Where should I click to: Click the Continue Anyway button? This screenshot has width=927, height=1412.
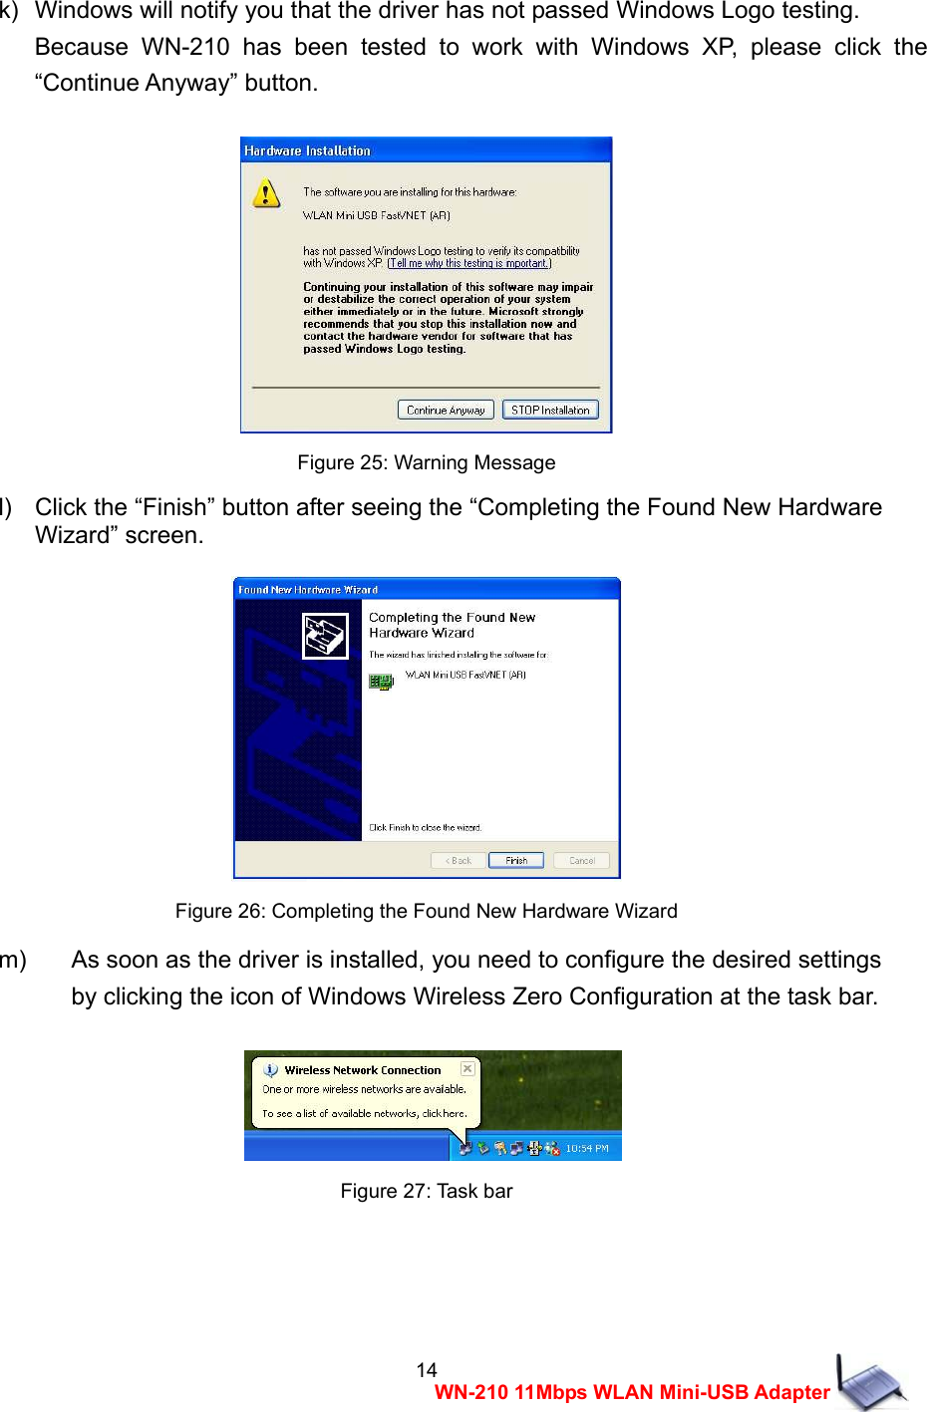pyautogui.click(x=446, y=410)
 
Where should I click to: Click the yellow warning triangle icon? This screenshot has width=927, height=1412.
pyautogui.click(x=266, y=193)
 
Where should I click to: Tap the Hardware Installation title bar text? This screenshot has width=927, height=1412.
pyautogui.click(x=307, y=150)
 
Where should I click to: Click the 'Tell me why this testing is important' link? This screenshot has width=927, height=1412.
pyautogui.click(x=468, y=263)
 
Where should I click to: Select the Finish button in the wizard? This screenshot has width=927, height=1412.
pyautogui.click(x=515, y=860)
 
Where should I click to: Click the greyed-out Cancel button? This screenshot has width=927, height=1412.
pyautogui.click(x=581, y=860)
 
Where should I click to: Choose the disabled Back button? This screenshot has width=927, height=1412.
pyautogui.click(x=459, y=860)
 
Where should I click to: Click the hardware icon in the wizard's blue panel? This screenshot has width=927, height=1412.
pyautogui.click(x=325, y=636)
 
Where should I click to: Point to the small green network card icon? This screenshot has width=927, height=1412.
pyautogui.click(x=381, y=682)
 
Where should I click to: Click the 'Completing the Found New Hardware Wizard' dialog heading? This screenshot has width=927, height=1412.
pyautogui.click(x=452, y=625)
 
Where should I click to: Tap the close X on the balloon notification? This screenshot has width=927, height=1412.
pyautogui.click(x=467, y=1068)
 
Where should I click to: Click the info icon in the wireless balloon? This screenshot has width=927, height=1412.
pyautogui.click(x=270, y=1070)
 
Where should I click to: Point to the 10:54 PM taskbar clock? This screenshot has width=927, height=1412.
pyautogui.click(x=586, y=1148)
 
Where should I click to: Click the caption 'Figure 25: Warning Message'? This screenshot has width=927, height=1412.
pyautogui.click(x=426, y=462)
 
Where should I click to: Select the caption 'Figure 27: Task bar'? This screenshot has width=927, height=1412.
pyautogui.click(x=426, y=1191)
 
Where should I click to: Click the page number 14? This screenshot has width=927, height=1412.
pyautogui.click(x=427, y=1369)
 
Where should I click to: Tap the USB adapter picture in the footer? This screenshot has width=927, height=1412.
pyautogui.click(x=871, y=1382)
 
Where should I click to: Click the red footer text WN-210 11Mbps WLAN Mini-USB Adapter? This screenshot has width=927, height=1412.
pyautogui.click(x=632, y=1392)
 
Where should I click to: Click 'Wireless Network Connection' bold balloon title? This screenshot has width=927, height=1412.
pyautogui.click(x=362, y=1070)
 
